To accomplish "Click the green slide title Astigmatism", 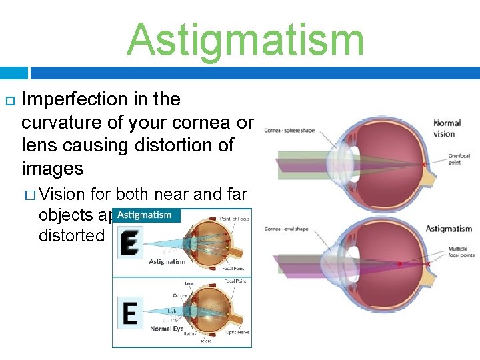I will tap(245, 40).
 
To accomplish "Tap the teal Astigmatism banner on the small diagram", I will tap(145, 215).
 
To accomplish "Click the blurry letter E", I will tap(129, 243).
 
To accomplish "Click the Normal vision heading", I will tap(447, 128).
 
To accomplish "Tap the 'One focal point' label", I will tap(459, 160).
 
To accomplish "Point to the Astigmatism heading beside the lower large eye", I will tap(449, 229).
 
